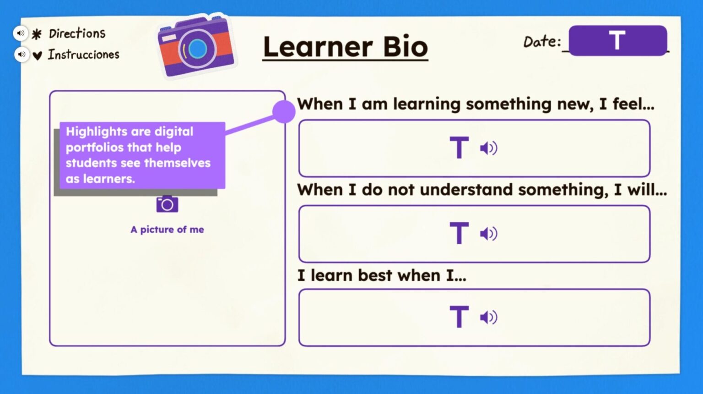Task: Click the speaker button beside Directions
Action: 21,33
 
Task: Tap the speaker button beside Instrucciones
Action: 22,55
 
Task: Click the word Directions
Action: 77,33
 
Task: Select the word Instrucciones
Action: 83,55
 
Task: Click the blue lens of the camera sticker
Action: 197,48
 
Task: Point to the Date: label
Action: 542,42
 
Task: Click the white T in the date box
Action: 617,40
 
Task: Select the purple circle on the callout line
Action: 284,111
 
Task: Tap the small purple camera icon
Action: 167,204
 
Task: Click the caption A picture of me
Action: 167,230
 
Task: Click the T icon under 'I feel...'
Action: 459,148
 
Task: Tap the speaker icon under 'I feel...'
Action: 488,148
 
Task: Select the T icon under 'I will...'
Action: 459,233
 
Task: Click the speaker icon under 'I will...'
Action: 488,234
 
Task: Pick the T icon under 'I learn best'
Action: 459,317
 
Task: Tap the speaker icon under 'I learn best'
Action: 488,317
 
